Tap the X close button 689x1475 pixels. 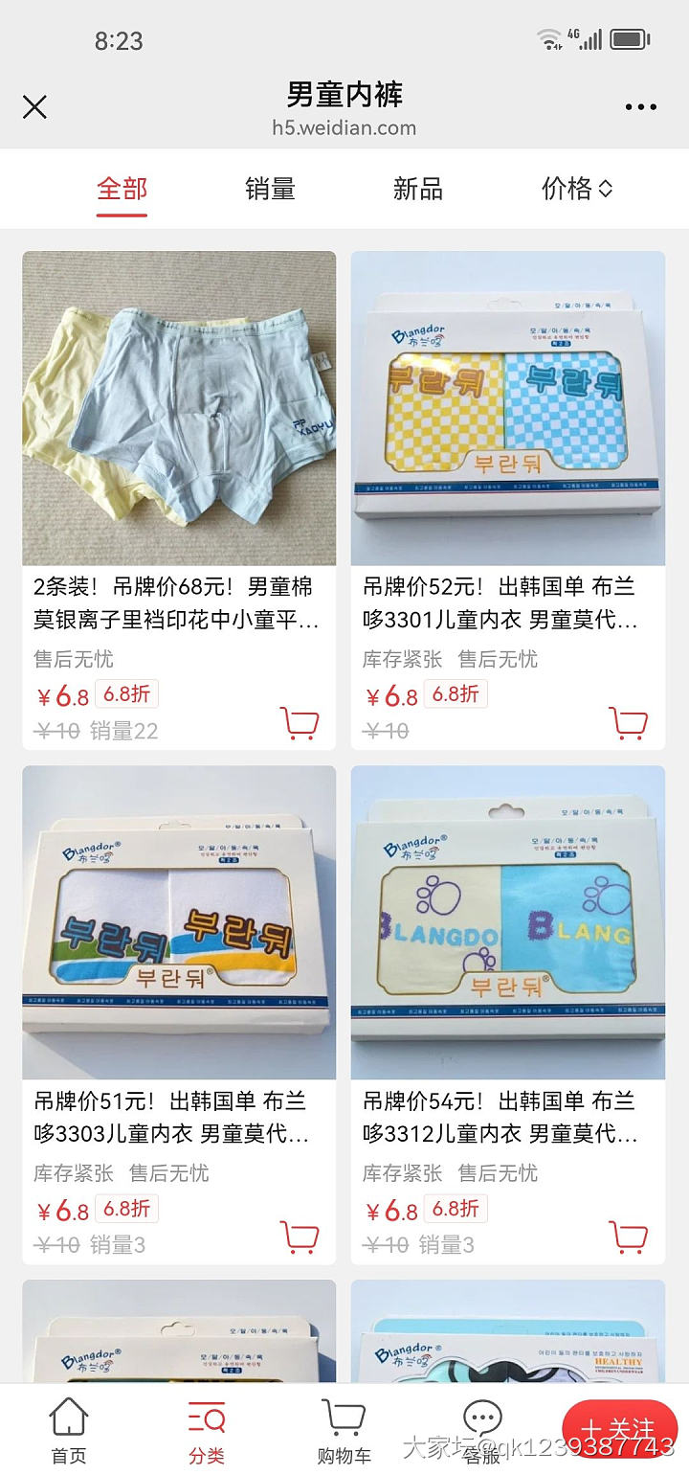[x=34, y=106]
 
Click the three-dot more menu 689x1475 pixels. [x=640, y=107]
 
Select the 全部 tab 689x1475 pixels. [x=122, y=189]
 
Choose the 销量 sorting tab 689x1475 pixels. [x=270, y=189]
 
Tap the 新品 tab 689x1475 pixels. [x=417, y=189]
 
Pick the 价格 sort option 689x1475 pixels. [x=576, y=189]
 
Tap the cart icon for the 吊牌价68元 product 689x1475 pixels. [x=300, y=723]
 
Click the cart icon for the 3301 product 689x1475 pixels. [x=628, y=723]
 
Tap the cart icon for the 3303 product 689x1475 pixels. [x=300, y=1237]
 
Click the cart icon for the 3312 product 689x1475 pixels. [x=628, y=1237]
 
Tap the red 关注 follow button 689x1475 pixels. [x=619, y=1429]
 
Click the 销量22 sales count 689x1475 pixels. [x=123, y=731]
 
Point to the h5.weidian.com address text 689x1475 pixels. [x=344, y=127]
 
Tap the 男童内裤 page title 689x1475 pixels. [x=344, y=94]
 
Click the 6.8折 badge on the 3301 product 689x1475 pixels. [x=455, y=693]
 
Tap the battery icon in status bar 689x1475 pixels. [x=630, y=39]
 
